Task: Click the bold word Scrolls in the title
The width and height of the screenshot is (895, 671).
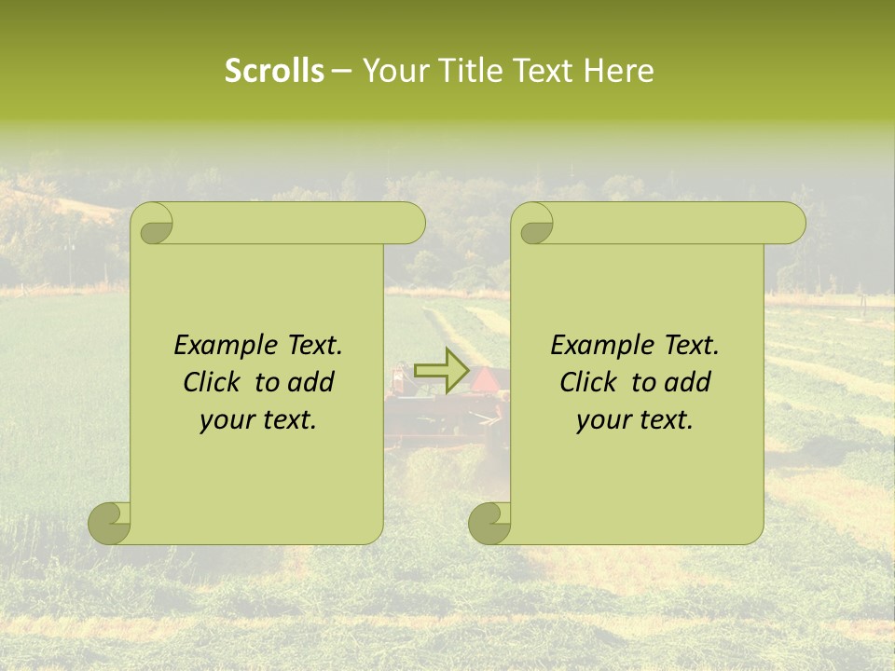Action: (x=275, y=71)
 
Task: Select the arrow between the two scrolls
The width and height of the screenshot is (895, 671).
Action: (x=441, y=371)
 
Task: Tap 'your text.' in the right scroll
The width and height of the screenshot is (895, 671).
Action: (x=635, y=420)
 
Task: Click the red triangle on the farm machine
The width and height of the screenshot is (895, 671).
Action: (x=485, y=379)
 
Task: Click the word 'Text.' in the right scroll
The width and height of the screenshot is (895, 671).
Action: (x=691, y=346)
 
